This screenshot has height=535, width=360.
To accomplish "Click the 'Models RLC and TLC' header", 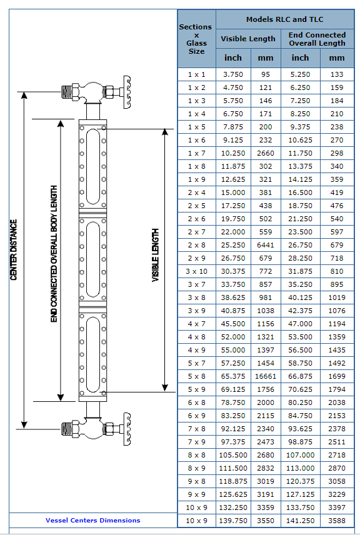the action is click(284, 19).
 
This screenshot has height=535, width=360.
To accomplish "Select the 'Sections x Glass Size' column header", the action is click(196, 39).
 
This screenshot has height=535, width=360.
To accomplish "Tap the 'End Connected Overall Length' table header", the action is click(317, 39).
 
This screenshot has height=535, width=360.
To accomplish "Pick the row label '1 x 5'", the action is click(196, 127).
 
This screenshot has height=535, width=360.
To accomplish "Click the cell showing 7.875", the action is click(233, 127).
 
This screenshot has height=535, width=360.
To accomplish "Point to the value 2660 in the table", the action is click(266, 153).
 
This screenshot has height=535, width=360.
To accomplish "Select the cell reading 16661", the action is click(266, 376).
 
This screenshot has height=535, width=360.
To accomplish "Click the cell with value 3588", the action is click(337, 521).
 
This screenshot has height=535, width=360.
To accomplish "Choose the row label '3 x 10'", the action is click(196, 271).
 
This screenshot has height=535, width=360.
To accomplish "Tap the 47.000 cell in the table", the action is click(300, 324).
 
